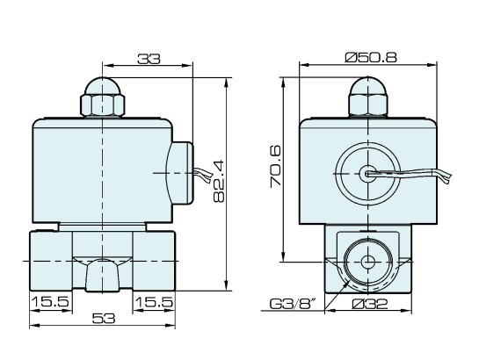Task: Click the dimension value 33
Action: point(148,59)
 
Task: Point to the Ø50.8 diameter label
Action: point(372,57)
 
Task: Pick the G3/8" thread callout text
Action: point(293,306)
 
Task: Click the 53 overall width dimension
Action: point(105,320)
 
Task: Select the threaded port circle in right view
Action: point(366,261)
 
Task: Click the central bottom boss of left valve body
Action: point(105,273)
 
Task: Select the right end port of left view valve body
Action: point(165,261)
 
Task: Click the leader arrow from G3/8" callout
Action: point(338,291)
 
